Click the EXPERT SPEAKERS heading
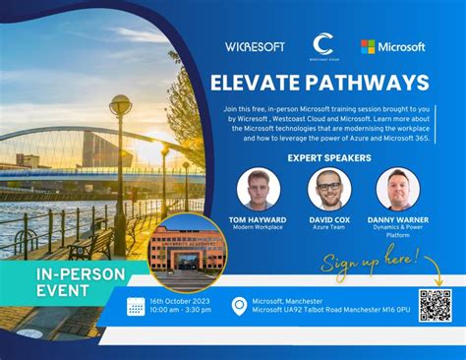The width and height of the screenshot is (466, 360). click(x=331, y=157)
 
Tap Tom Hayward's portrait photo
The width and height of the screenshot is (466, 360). click(x=259, y=189)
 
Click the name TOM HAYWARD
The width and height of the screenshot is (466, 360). click(x=259, y=218)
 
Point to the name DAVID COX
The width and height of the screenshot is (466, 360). click(x=330, y=218)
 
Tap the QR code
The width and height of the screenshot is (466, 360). click(x=434, y=306)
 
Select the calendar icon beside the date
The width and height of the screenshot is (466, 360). click(x=136, y=307)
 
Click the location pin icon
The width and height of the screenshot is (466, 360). click(x=238, y=307)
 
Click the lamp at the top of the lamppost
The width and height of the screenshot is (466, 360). click(x=121, y=104)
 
